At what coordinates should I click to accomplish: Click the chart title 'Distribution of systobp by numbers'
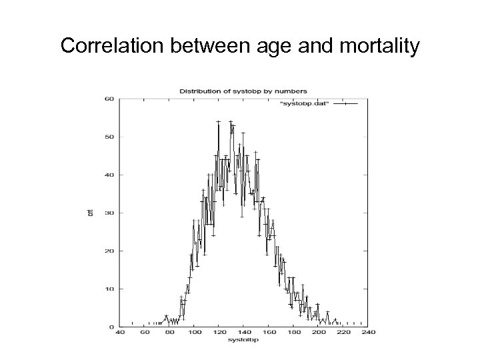tap(243, 91)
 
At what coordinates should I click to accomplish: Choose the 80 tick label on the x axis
tap(169, 333)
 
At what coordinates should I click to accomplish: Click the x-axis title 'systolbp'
tap(243, 340)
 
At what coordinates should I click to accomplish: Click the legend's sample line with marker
tap(345, 104)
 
